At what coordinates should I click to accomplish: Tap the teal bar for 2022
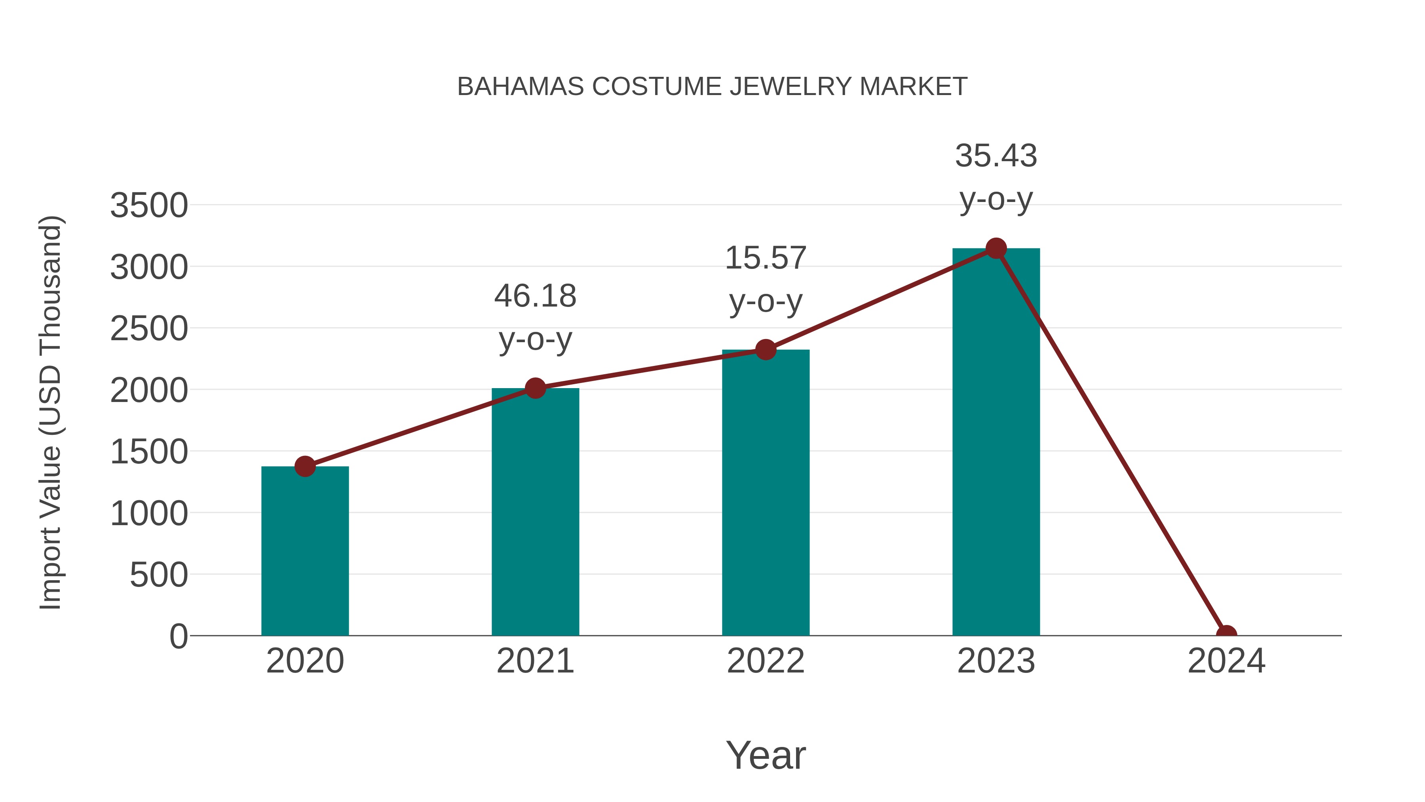coord(766,493)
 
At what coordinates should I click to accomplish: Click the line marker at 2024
coord(1226,634)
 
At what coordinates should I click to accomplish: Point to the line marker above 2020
coord(305,466)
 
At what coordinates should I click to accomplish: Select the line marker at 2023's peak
coord(996,248)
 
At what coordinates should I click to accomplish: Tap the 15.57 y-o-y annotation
coord(766,280)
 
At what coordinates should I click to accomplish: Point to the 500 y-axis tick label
coord(159,575)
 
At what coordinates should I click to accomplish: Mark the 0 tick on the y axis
coord(179,636)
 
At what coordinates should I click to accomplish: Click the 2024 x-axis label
coord(1226,661)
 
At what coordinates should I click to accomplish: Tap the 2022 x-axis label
coord(766,661)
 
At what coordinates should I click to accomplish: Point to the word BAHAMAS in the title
coord(520,87)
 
